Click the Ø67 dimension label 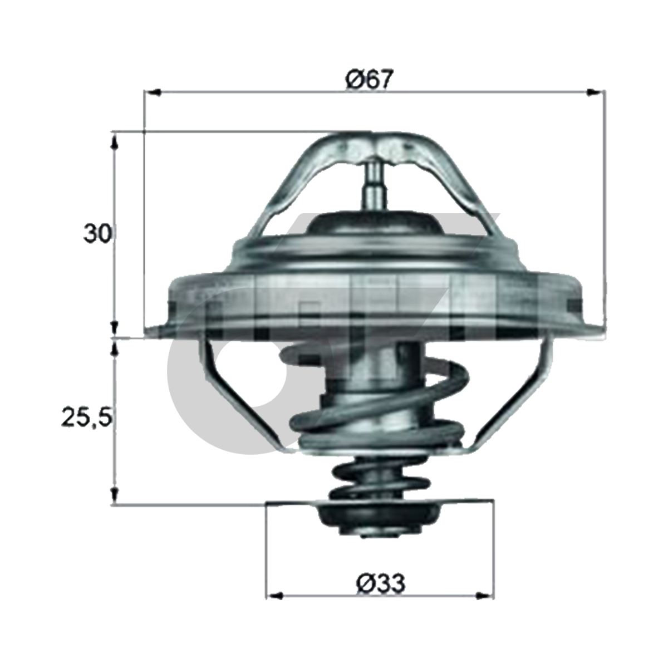[x=370, y=80]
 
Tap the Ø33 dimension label [x=380, y=583]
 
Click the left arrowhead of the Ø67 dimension [x=153, y=92]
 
